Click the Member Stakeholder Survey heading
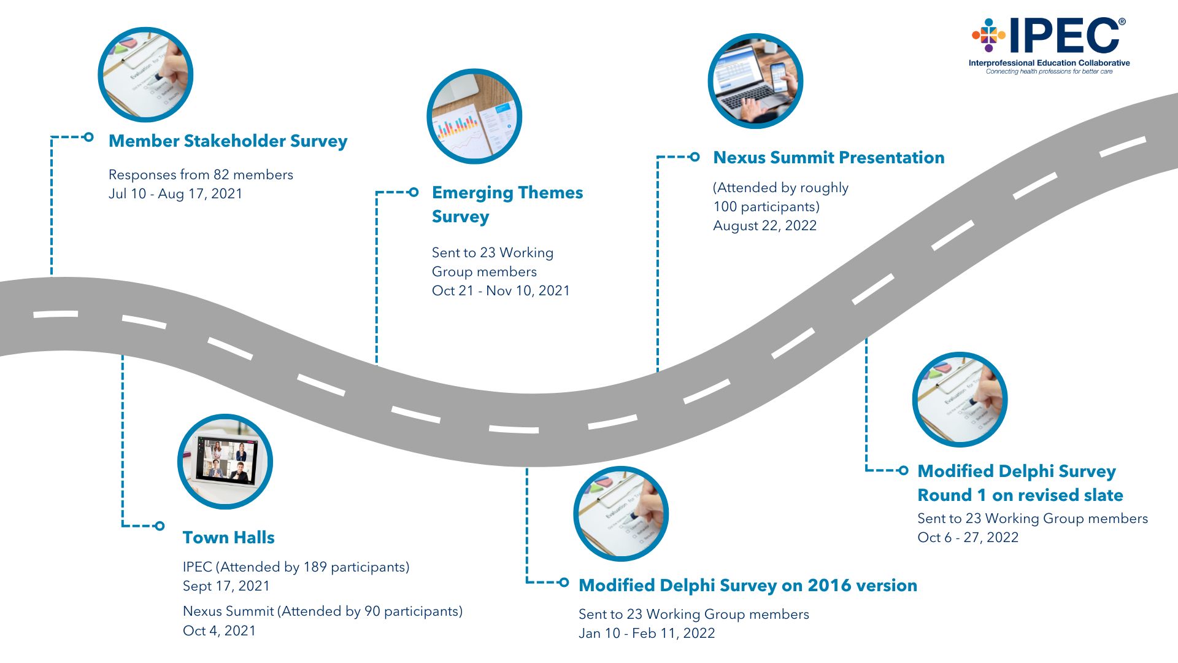tap(228, 141)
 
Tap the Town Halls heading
tap(228, 538)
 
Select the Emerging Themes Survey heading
tap(507, 204)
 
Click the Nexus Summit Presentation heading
tap(828, 158)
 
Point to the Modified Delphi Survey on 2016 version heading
tap(747, 586)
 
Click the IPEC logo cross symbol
tap(988, 36)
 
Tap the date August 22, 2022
tap(764, 226)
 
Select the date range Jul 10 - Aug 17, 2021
tap(175, 194)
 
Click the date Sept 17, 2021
tap(226, 586)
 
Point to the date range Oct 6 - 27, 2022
tap(968, 538)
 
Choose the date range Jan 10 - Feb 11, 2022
tap(647, 634)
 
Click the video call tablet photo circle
tap(225, 462)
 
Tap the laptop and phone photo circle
tap(755, 81)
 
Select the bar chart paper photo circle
tap(474, 117)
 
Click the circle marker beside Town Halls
tap(160, 525)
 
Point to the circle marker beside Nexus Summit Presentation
tap(695, 157)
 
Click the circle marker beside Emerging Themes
tap(414, 192)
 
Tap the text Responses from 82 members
tap(201, 175)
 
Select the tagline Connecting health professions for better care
tap(1049, 72)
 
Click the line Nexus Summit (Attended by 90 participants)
tap(322, 611)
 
